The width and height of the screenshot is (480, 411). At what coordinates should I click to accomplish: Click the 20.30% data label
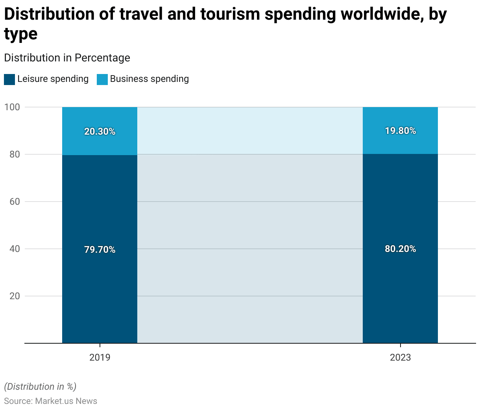100,131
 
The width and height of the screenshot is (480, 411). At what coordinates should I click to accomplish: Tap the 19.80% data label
400,131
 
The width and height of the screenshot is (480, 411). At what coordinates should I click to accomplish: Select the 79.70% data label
100,250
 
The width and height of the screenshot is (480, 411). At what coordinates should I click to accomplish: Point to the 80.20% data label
400,249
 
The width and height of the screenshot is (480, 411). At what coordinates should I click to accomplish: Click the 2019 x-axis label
100,357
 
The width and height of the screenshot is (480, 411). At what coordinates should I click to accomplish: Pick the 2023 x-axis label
400,357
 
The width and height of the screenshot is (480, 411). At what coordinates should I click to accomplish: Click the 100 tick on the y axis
12,107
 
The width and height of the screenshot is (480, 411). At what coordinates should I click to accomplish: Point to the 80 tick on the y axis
15,154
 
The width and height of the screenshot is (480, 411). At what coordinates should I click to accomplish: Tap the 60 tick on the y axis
15,202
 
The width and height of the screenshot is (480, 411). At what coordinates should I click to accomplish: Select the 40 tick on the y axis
15,249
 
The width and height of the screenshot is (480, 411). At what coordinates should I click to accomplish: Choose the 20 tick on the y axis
15,296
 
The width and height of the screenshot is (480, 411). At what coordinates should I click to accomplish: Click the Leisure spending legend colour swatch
9,79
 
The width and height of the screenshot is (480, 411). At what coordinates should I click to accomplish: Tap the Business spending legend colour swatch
102,79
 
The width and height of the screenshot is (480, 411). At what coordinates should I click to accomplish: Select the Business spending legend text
150,79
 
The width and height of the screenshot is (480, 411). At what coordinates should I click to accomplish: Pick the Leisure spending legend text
53,79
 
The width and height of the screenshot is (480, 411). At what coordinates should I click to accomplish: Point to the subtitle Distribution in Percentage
67,58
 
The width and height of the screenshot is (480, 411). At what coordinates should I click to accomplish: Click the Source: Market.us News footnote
50,401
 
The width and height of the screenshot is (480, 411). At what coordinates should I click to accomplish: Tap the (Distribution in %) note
40,387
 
